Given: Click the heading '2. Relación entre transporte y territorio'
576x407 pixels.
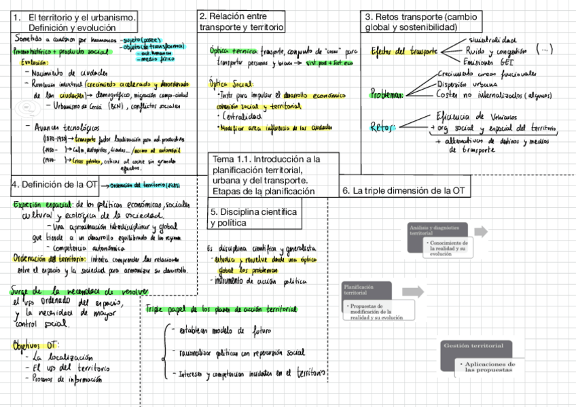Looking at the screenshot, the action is coord(241,21).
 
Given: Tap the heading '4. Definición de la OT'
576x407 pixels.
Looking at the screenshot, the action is coord(54,184).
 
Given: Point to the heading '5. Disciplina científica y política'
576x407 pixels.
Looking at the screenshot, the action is coord(253,217).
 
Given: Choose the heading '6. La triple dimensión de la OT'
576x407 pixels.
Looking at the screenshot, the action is coord(403,191).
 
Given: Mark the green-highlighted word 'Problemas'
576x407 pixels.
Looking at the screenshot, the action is coord(386,95).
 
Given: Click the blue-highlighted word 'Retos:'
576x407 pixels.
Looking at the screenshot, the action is coord(382,126).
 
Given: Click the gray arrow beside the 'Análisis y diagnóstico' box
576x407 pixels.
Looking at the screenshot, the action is coord(481,232).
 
